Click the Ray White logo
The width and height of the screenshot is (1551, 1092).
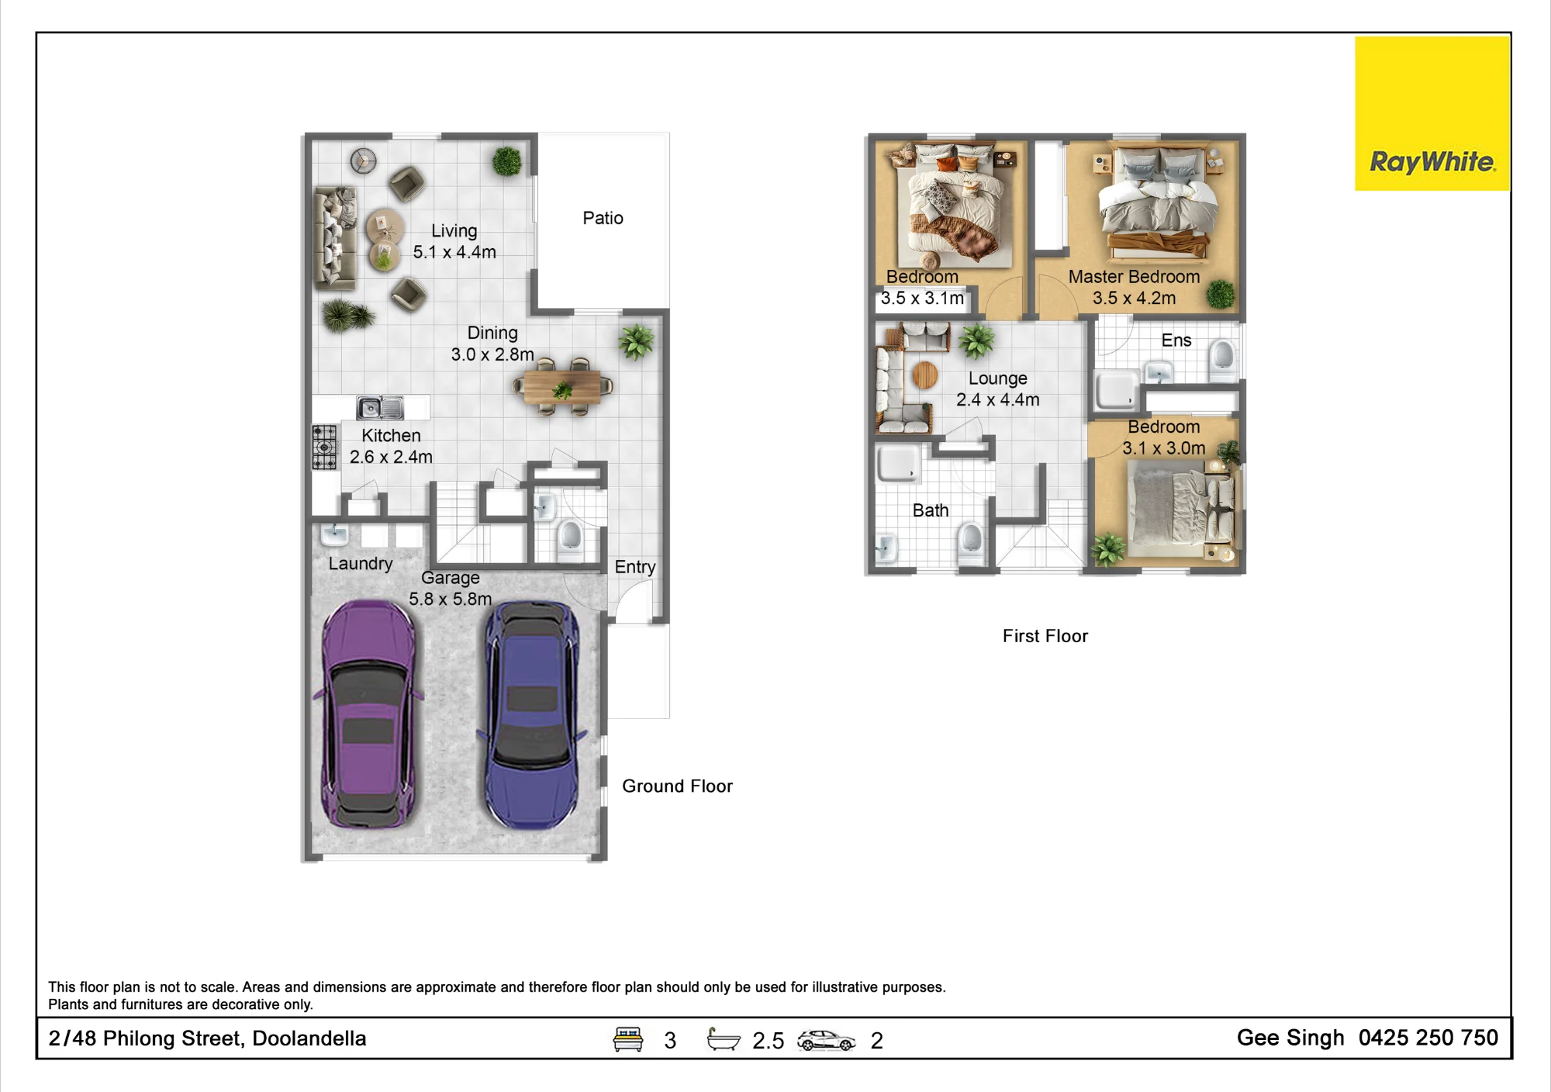1432,113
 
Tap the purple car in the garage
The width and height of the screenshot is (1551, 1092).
368,714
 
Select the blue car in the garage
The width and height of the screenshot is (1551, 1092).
533,714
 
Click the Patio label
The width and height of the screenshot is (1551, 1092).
603,218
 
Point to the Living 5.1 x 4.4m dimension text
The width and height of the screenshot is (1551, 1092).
454,252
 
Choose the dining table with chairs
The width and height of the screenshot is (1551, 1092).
563,386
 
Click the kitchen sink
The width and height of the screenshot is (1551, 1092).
380,407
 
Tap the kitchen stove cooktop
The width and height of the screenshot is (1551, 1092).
325,448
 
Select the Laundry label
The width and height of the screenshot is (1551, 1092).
361,564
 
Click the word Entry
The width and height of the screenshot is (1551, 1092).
635,567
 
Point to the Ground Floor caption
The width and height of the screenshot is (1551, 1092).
677,786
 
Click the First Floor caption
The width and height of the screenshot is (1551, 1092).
1045,636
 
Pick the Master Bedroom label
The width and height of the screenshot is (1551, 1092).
1134,277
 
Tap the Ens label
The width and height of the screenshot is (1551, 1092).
1176,340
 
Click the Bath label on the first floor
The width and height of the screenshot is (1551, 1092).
931,510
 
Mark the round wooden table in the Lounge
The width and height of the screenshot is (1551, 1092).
924,375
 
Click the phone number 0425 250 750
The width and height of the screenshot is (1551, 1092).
1428,1038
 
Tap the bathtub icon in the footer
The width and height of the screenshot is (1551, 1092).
723,1039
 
